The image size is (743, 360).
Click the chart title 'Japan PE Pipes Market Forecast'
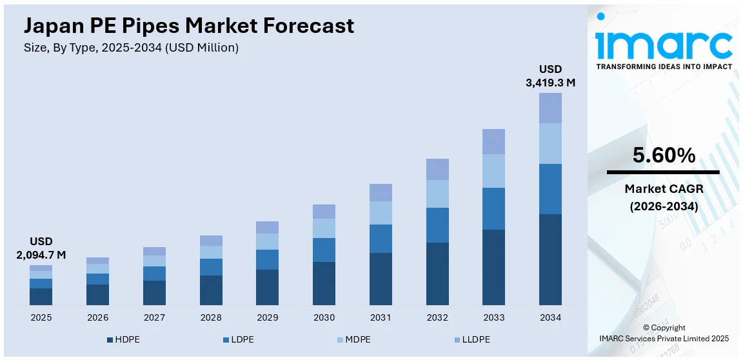click(189, 26)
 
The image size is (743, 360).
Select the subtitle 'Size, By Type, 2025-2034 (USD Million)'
click(131, 48)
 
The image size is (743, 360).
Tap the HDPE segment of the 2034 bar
click(550, 259)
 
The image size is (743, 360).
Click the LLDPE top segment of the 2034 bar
click(550, 108)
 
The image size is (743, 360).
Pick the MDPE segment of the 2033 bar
click(493, 171)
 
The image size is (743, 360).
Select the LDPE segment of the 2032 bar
click(437, 225)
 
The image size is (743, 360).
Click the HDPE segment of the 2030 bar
click(324, 283)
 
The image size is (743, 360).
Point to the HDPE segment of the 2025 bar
click(41, 296)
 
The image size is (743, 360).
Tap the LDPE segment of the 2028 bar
click(211, 267)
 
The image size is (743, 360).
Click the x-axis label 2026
click(97, 317)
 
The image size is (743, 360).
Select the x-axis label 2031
click(381, 317)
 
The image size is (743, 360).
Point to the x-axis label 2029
click(267, 317)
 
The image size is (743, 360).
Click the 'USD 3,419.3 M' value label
click(550, 75)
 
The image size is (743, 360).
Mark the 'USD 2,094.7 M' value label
click(41, 248)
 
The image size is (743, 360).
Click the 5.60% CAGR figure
click(663, 155)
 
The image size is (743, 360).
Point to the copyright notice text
click(664, 333)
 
